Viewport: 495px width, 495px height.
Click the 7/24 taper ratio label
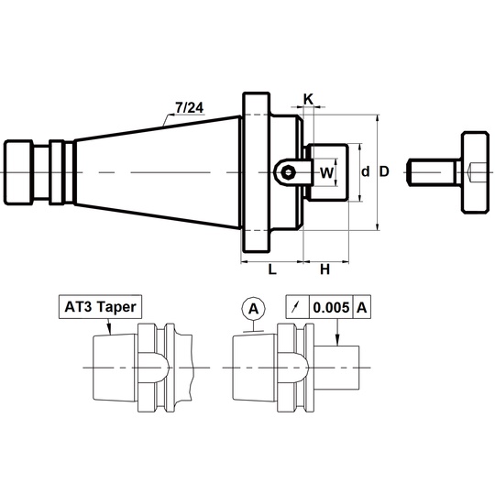pos(190,107)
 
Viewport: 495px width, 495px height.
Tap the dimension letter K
pos(308,99)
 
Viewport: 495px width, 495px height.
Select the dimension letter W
pos(326,172)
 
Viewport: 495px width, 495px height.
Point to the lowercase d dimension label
pos(365,172)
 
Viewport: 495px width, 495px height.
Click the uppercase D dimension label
pos(384,171)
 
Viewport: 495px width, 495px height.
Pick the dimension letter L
pos(272,269)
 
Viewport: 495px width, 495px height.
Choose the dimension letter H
pos(324,269)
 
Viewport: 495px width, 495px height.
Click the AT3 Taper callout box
pos(101,307)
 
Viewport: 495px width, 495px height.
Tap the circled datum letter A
pos(254,309)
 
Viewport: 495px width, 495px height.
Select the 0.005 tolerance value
pos(331,307)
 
